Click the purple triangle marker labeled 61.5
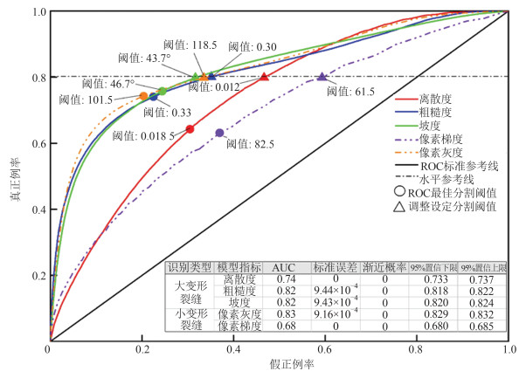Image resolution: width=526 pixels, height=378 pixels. click(x=322, y=78)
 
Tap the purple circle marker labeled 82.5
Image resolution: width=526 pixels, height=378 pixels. click(x=219, y=133)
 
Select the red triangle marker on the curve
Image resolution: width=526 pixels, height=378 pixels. click(x=265, y=78)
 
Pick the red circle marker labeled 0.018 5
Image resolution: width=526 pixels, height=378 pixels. click(x=190, y=129)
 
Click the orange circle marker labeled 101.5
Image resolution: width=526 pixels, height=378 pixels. click(x=143, y=96)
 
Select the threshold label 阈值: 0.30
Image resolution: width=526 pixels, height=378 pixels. click(x=253, y=46)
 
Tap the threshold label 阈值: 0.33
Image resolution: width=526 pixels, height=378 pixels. click(x=167, y=113)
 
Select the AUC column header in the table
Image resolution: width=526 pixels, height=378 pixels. click(x=284, y=266)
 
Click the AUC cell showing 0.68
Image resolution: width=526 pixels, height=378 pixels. click(x=284, y=326)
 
